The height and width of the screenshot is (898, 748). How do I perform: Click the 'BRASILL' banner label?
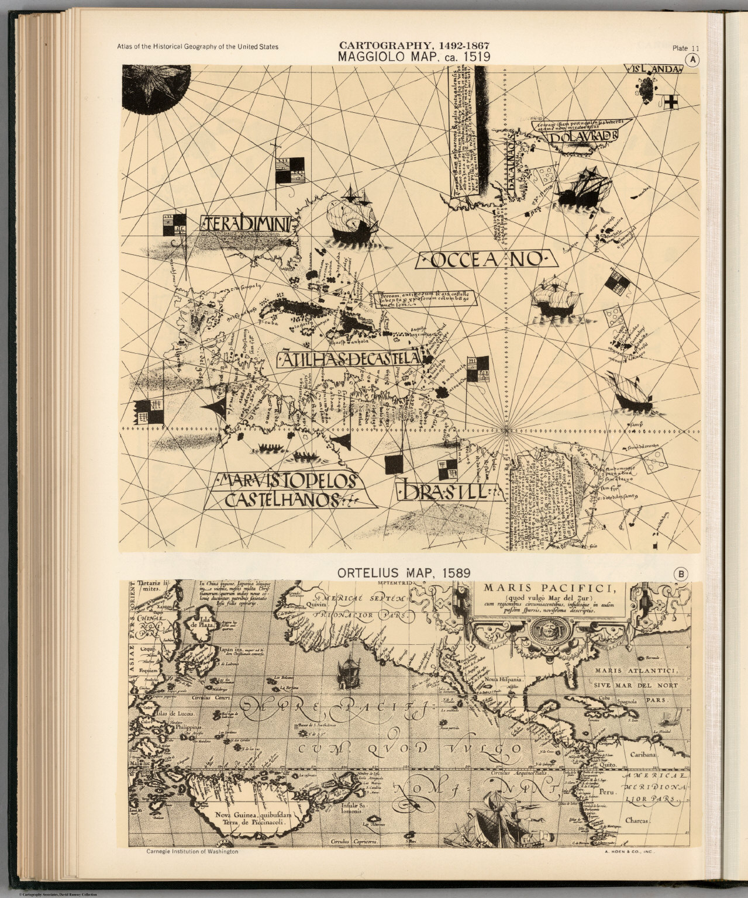tap(449, 491)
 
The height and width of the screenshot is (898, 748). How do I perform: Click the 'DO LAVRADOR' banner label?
tap(582, 136)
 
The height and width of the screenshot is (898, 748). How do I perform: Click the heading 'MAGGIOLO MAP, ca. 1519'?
tap(413, 57)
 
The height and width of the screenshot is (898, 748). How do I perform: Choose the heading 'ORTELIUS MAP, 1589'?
tap(404, 574)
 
